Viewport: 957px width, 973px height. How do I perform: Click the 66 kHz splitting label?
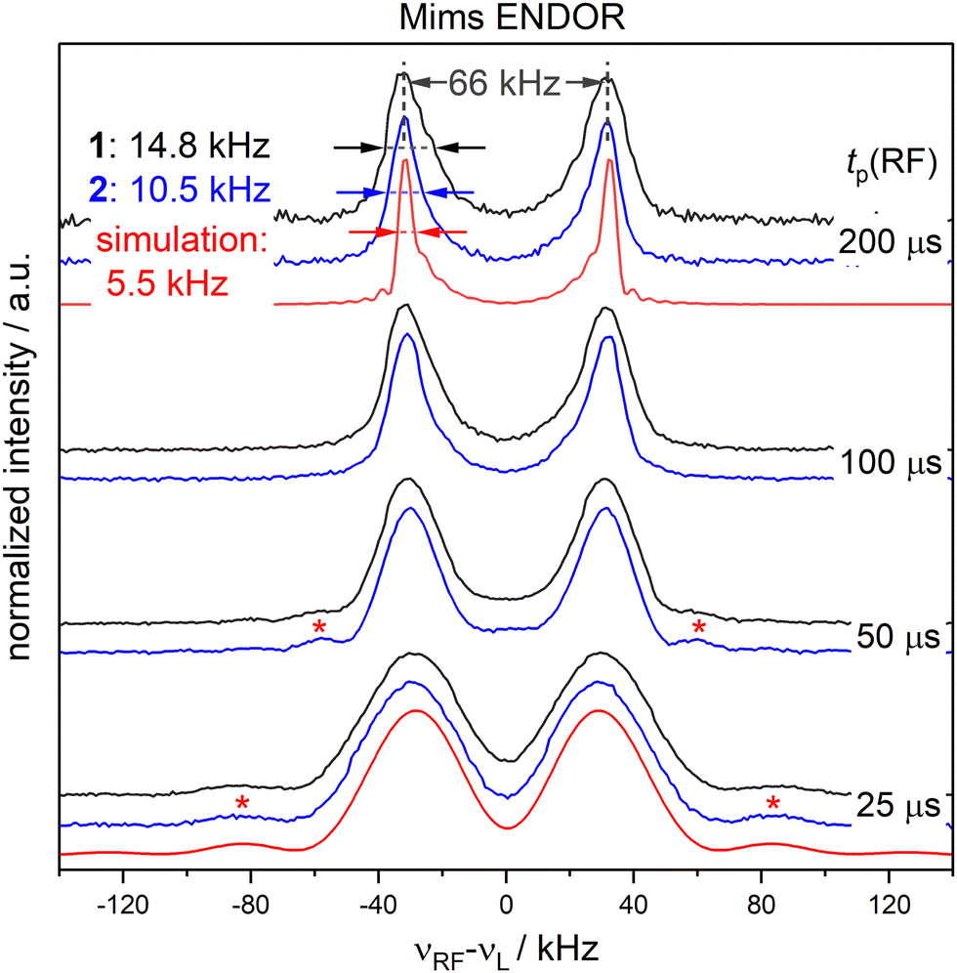pyautogui.click(x=504, y=84)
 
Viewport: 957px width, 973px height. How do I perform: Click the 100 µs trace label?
pyautogui.click(x=889, y=463)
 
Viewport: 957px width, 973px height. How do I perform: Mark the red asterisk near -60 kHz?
pyautogui.click(x=318, y=626)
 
